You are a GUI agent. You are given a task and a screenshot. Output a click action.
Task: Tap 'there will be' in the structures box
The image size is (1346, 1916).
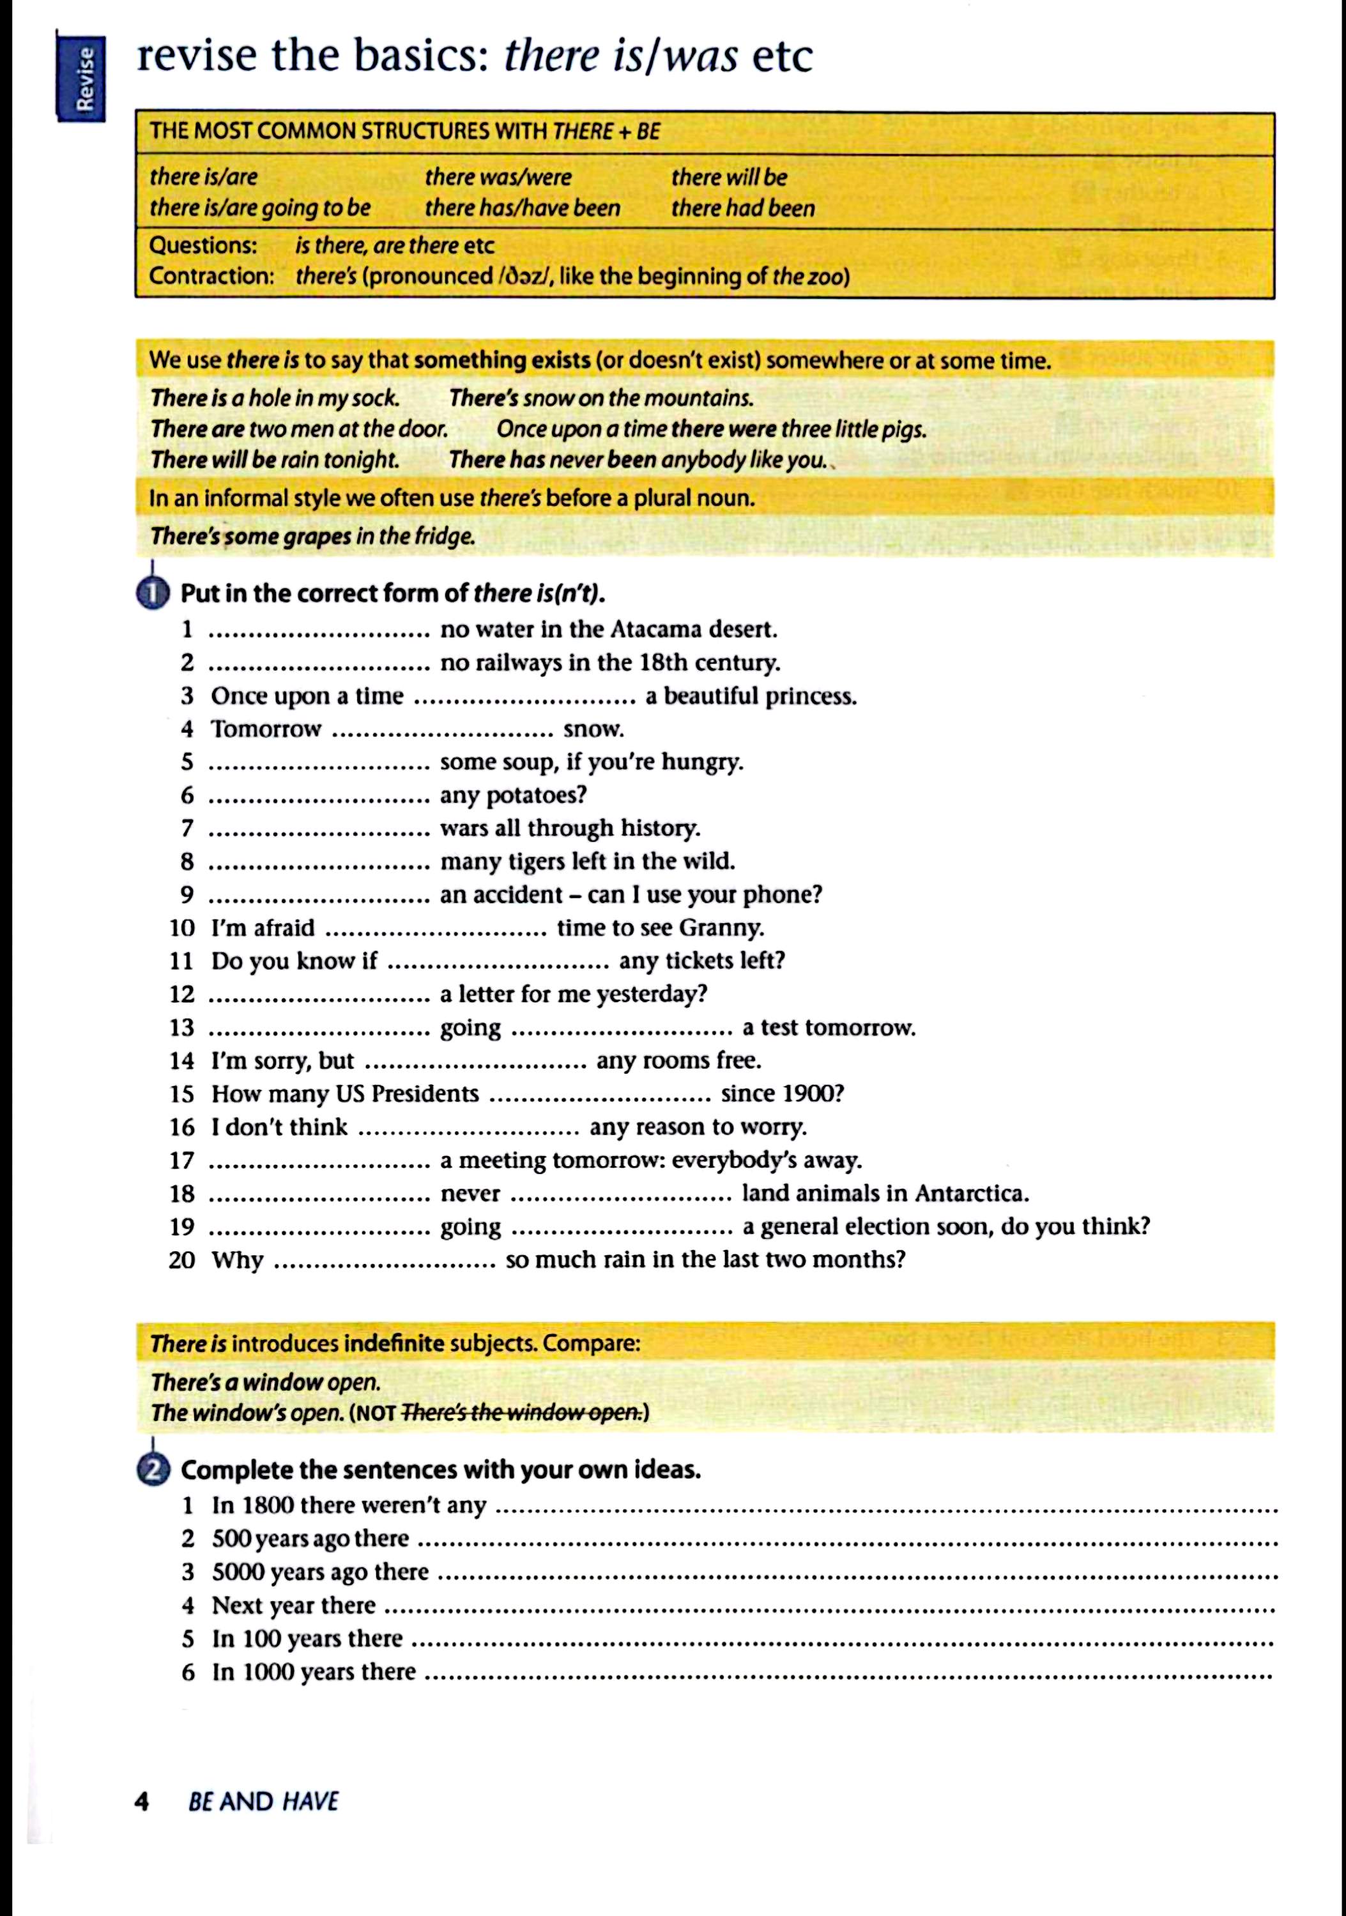click(728, 177)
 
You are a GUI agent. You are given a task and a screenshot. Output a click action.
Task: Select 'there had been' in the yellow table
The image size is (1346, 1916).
click(743, 208)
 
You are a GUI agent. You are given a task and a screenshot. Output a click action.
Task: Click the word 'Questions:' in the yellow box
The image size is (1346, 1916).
click(203, 245)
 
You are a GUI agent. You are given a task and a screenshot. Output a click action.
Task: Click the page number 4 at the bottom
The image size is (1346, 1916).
click(142, 1802)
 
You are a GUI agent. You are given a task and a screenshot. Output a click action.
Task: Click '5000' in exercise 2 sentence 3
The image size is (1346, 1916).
click(237, 1572)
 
